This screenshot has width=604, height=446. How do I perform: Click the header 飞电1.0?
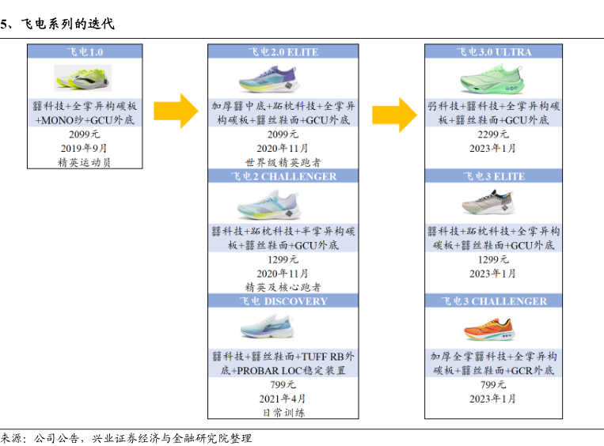click(x=85, y=52)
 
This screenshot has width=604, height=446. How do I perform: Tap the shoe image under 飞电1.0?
click(x=83, y=77)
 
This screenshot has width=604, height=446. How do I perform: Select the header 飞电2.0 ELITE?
click(x=283, y=52)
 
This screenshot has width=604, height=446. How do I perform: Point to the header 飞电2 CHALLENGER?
click(x=283, y=176)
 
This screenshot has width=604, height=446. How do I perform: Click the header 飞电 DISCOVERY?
click(x=283, y=301)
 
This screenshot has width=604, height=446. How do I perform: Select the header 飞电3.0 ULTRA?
click(x=493, y=52)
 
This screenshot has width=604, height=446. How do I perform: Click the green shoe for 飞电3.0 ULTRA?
click(x=493, y=80)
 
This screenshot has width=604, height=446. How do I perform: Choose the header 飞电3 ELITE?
click(x=493, y=176)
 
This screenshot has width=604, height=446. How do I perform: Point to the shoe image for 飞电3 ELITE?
click(x=493, y=203)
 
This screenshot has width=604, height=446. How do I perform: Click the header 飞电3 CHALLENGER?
click(x=493, y=301)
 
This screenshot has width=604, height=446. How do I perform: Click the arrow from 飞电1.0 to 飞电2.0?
click(x=176, y=110)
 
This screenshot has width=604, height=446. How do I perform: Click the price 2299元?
click(x=493, y=134)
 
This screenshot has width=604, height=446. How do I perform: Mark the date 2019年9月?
click(x=84, y=148)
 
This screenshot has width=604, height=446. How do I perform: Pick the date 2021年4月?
click(x=283, y=399)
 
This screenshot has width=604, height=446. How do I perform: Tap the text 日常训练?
click(x=283, y=412)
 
